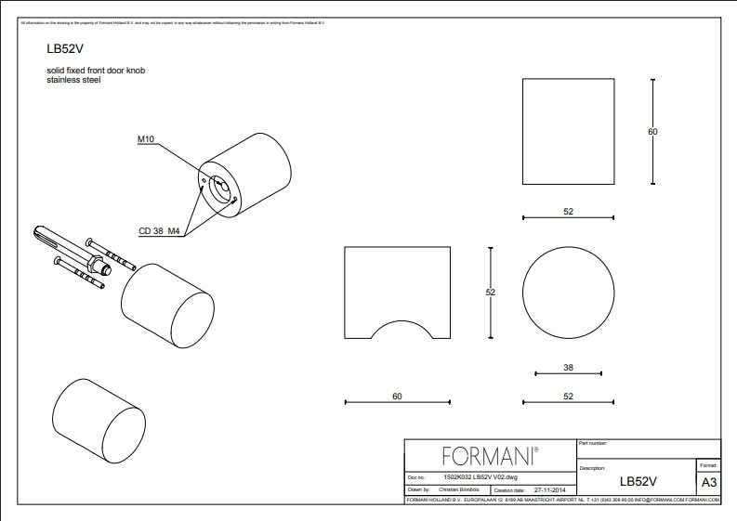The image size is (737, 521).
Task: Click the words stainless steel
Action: (x=73, y=81)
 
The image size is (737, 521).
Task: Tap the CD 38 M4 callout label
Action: (x=159, y=230)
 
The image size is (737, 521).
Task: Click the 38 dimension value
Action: (x=568, y=368)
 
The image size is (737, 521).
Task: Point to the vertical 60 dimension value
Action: (x=652, y=132)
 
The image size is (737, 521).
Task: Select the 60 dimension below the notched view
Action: (x=397, y=397)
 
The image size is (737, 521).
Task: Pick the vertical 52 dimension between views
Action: (x=491, y=293)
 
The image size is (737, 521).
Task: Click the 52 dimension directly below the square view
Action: (x=568, y=212)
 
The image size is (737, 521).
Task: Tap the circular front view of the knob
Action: (x=568, y=293)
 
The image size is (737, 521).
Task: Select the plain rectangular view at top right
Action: (x=568, y=131)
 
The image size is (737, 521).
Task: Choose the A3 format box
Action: (x=708, y=482)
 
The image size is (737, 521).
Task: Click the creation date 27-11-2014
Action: (x=552, y=489)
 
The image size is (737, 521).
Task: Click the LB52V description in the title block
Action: (x=638, y=482)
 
